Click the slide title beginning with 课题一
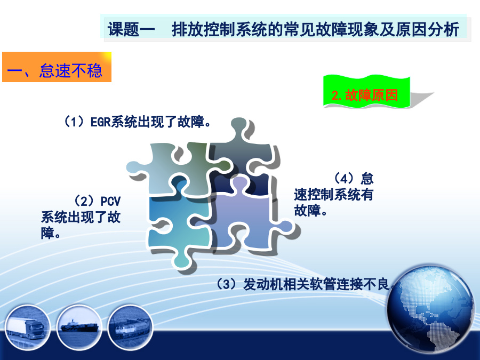pyautogui.click(x=284, y=29)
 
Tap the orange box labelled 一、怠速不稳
pyautogui.click(x=57, y=67)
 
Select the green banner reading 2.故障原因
pyautogui.click(x=366, y=92)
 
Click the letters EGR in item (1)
pyautogui.click(x=100, y=122)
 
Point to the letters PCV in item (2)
pyautogui.click(x=110, y=202)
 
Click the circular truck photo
pyautogui.click(x=27, y=327)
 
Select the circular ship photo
pyautogui.click(x=79, y=327)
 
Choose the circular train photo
pyautogui.click(x=131, y=327)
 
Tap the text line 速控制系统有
pyautogui.click(x=334, y=194)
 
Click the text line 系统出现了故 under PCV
pyautogui.click(x=81, y=218)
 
